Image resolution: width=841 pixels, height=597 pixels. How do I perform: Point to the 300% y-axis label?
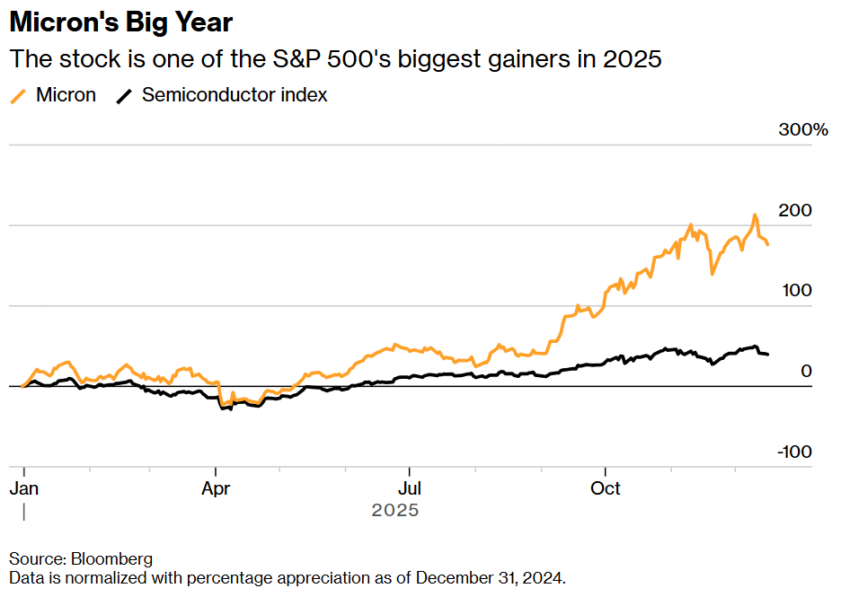[x=802, y=130]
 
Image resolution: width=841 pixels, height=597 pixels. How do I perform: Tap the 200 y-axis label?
[x=795, y=210]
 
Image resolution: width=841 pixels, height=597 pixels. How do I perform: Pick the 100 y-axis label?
[x=795, y=291]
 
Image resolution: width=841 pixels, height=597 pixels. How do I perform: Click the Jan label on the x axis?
[x=23, y=488]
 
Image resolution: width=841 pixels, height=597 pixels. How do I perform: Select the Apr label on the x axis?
[x=216, y=488]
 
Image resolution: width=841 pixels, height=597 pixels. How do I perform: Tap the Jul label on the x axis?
[x=410, y=488]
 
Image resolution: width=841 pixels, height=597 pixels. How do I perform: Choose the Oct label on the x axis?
[x=605, y=488]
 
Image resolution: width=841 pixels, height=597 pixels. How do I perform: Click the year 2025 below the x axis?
[x=394, y=510]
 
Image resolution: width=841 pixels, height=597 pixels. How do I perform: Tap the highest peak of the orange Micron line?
[x=755, y=215]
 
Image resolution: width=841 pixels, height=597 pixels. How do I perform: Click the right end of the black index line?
[x=766, y=355]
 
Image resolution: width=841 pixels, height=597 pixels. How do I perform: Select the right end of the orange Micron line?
[x=767, y=244]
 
